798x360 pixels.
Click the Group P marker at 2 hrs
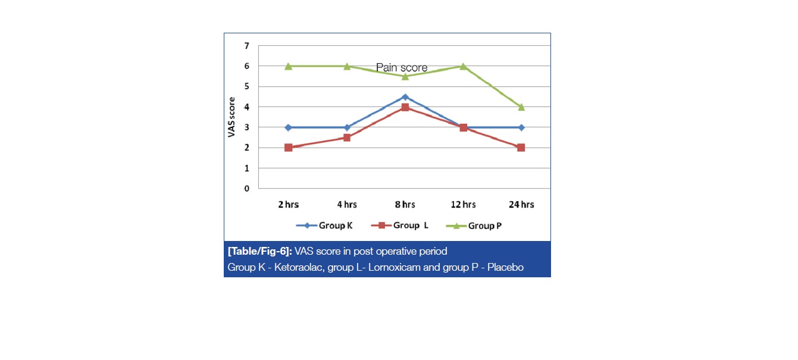pos(289,66)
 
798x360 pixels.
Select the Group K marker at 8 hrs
pos(405,97)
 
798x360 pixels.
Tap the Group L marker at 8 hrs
pos(405,107)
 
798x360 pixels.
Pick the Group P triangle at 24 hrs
pos(521,107)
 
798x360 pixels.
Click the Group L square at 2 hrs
pos(289,148)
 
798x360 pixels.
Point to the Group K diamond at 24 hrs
pos(521,127)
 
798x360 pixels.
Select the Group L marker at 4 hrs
pos(347,137)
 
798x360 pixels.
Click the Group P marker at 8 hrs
pos(405,76)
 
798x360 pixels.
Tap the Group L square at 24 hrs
pos(521,148)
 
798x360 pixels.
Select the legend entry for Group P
pos(472,226)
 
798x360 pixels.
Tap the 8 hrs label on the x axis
pos(405,205)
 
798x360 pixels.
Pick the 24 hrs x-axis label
pos(521,205)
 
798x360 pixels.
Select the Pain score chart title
pos(402,68)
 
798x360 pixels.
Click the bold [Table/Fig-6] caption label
pos(258,251)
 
